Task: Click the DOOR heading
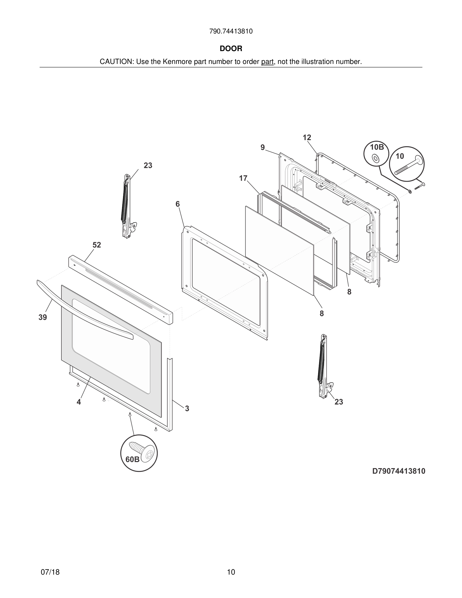click(x=231, y=49)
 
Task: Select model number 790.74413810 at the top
click(x=231, y=31)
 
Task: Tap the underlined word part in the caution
click(x=267, y=62)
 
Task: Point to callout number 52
click(x=97, y=245)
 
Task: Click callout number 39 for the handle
click(x=43, y=317)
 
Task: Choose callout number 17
click(x=243, y=178)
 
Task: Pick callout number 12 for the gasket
click(x=307, y=137)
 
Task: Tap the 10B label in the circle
click(x=377, y=147)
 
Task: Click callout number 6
click(x=178, y=204)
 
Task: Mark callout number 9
click(x=262, y=147)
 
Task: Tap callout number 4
click(x=79, y=402)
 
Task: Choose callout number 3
click(x=187, y=408)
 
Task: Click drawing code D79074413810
click(x=399, y=471)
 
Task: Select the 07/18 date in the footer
click(x=50, y=572)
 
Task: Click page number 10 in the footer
click(x=231, y=572)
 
